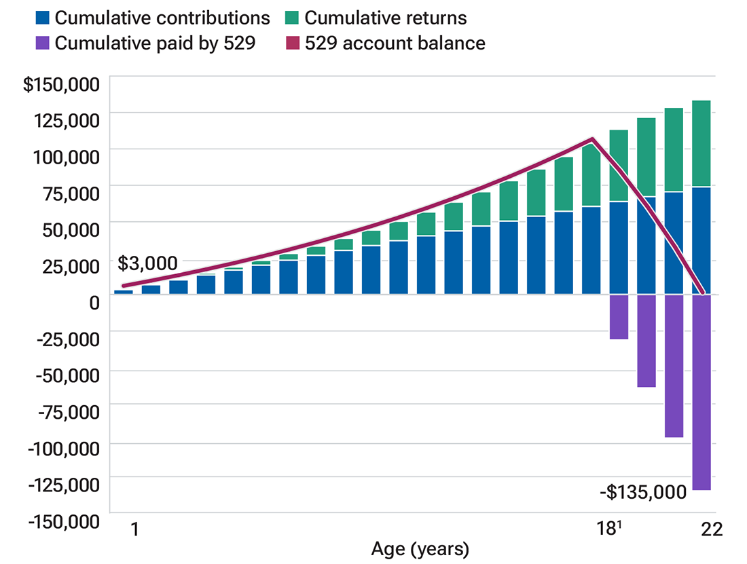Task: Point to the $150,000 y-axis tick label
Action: pos(61,85)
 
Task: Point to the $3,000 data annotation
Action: pos(147,263)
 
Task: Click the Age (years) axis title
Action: pos(420,548)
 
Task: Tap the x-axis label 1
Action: pos(134,528)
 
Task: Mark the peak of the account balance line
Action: pos(593,140)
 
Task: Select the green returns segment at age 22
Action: pos(701,143)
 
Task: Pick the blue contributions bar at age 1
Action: pos(124,292)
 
